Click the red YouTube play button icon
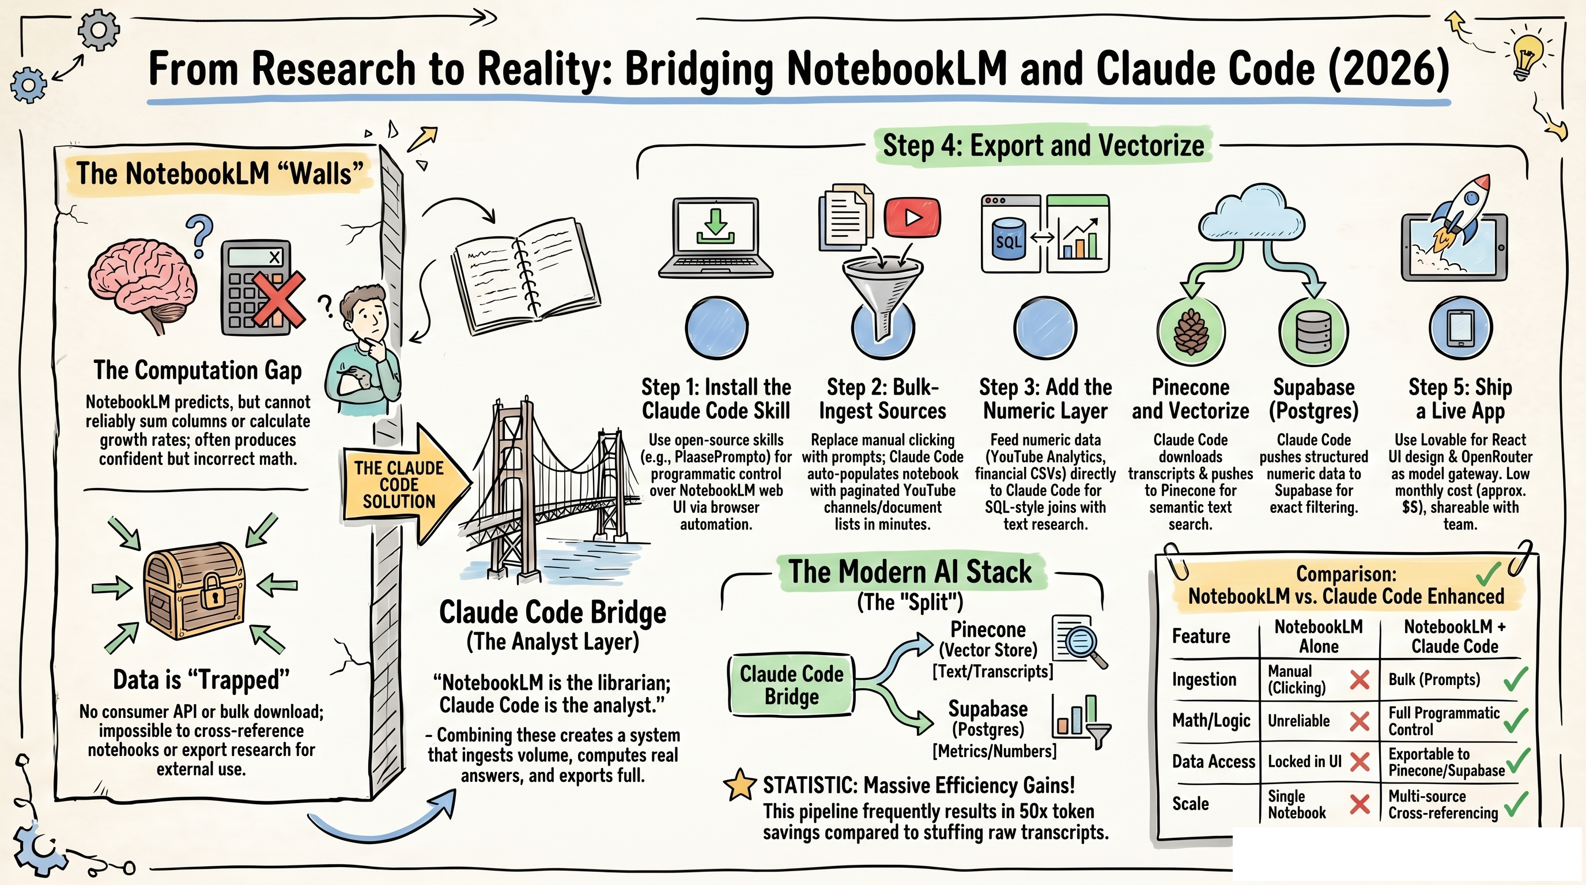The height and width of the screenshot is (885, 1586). point(912,217)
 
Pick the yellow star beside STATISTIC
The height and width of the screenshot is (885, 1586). point(739,786)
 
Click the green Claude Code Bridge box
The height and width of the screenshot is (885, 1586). point(791,685)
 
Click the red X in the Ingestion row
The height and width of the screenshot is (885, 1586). point(1360,680)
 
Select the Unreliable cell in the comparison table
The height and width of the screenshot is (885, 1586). point(1298,721)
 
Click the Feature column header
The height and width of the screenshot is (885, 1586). point(1200,636)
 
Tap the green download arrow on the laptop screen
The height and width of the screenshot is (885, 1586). point(715,225)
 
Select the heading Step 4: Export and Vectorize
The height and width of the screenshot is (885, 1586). point(1043,146)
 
